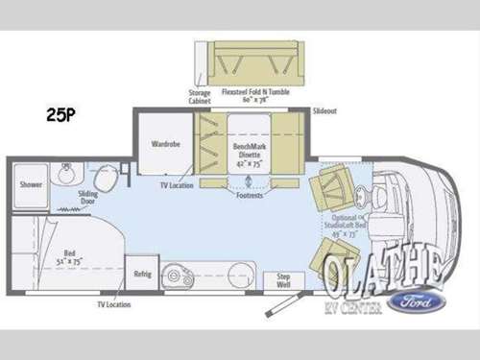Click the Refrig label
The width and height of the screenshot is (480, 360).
(142, 274)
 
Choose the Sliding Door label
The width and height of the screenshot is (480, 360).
(89, 197)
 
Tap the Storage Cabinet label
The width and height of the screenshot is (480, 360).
(201, 96)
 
